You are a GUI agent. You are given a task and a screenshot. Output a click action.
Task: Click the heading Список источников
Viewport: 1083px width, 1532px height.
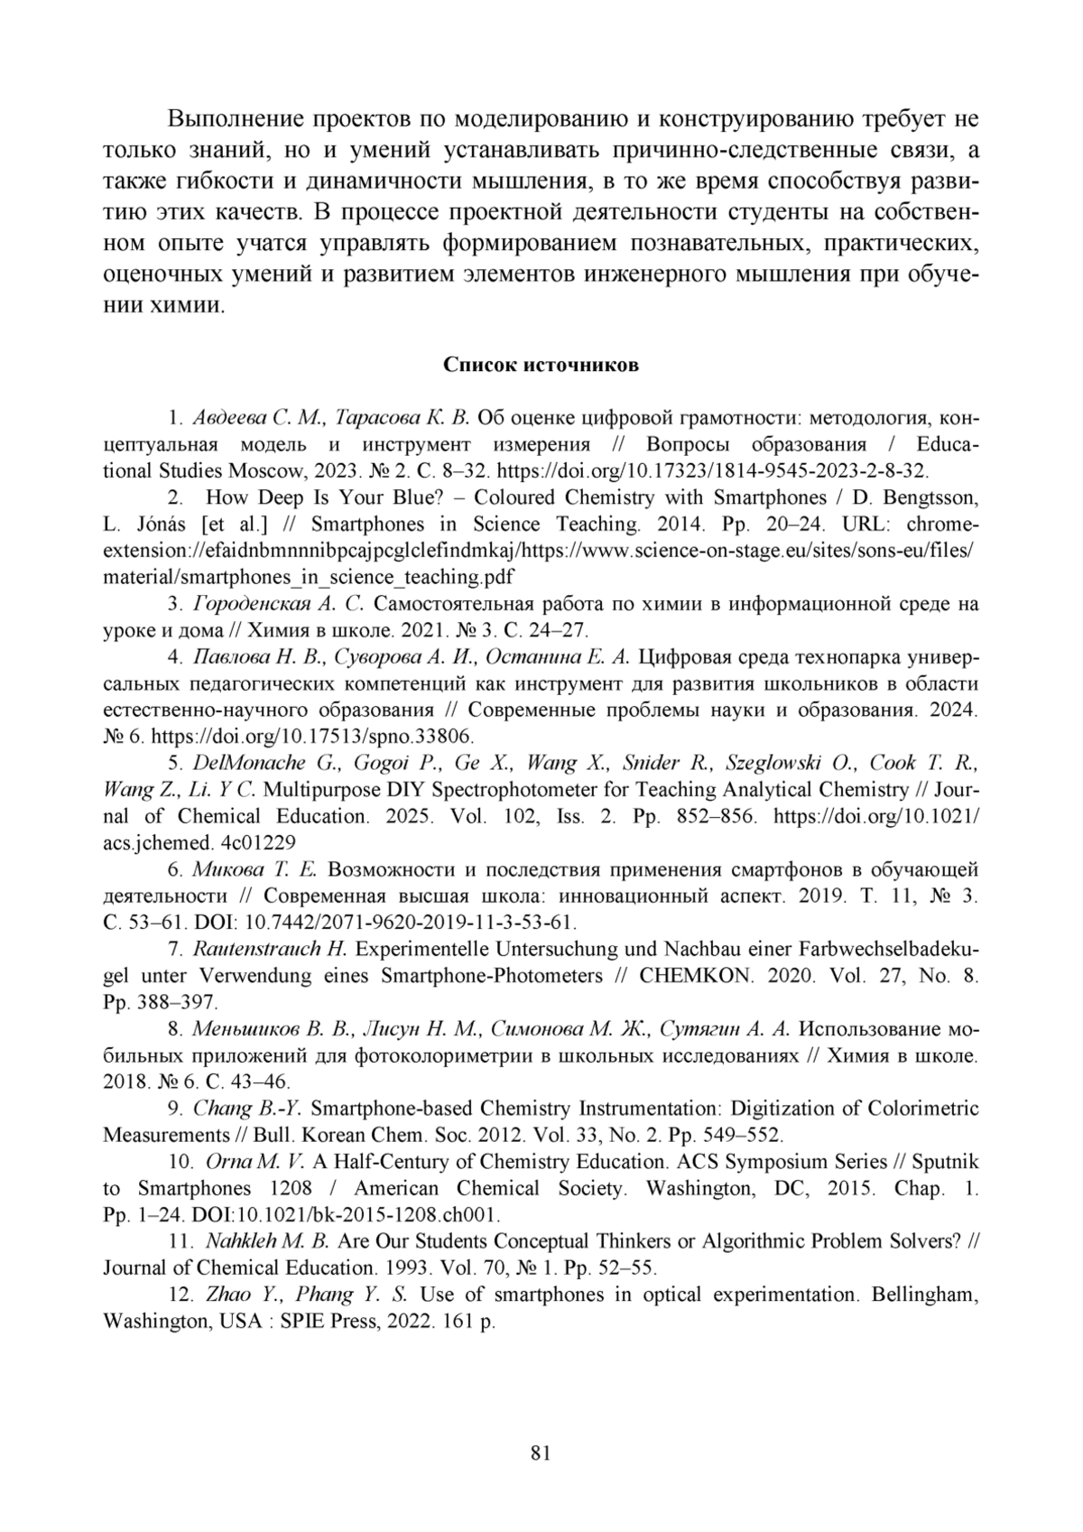[x=541, y=365]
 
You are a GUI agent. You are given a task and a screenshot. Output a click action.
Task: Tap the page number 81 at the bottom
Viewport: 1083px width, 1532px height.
[x=541, y=1453]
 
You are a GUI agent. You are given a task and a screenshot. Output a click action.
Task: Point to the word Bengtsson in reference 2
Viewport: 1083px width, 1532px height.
[x=936, y=497]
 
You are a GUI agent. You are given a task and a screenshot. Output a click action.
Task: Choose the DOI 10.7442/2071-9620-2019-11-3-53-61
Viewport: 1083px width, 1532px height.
[x=410, y=923]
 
